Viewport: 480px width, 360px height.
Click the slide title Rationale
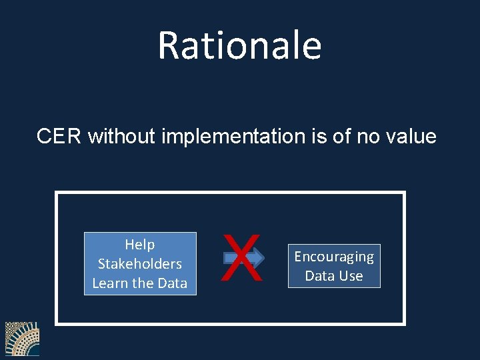click(239, 45)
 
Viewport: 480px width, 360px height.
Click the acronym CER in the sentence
click(59, 137)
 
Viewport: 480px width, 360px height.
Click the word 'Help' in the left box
click(140, 245)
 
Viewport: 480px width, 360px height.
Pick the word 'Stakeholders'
click(140, 264)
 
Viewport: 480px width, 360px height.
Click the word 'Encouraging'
click(334, 257)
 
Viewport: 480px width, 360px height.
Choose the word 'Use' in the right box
click(351, 276)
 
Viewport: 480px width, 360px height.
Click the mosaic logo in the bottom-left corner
click(22, 339)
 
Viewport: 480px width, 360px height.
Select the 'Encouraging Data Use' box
click(334, 266)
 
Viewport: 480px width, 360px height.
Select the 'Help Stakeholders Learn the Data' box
click(140, 263)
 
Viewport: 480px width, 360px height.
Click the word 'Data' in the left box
click(172, 283)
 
